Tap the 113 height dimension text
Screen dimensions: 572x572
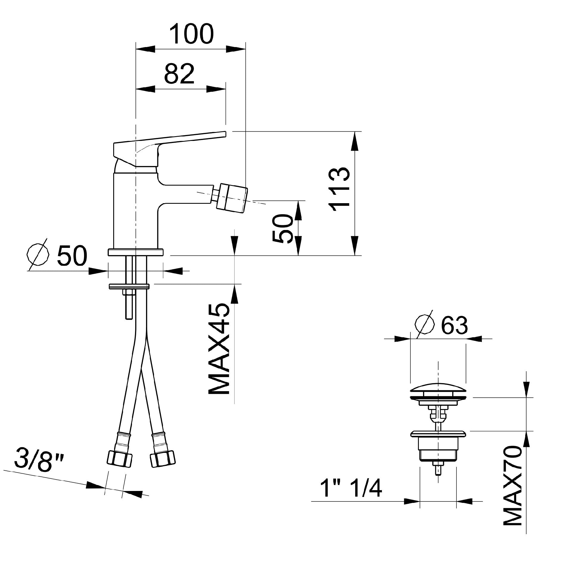[x=339, y=189]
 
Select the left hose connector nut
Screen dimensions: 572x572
[x=119, y=458]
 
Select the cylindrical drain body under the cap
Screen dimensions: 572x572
[x=438, y=452]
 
